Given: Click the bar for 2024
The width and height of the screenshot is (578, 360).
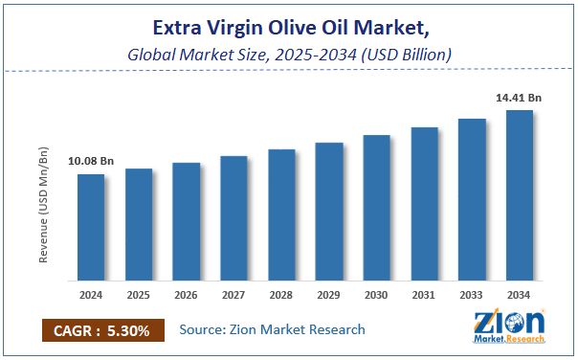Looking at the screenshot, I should pyautogui.click(x=91, y=228).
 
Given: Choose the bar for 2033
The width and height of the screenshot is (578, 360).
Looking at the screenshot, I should pyautogui.click(x=472, y=200).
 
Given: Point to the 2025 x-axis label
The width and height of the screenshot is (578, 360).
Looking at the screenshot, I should pyautogui.click(x=139, y=294).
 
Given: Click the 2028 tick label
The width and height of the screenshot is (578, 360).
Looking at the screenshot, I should pyautogui.click(x=281, y=294).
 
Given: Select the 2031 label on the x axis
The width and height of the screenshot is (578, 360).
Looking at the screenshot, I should pyautogui.click(x=425, y=294).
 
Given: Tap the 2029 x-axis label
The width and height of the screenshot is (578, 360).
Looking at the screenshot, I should pyautogui.click(x=329, y=294).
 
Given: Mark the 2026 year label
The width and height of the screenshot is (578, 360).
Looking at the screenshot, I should pyautogui.click(x=187, y=294).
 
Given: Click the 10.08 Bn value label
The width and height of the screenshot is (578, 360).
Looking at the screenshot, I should pyautogui.click(x=92, y=162).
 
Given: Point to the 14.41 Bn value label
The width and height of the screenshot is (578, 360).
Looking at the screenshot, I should pyautogui.click(x=520, y=97).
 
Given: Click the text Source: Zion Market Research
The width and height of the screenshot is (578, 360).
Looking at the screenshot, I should pyautogui.click(x=273, y=329).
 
